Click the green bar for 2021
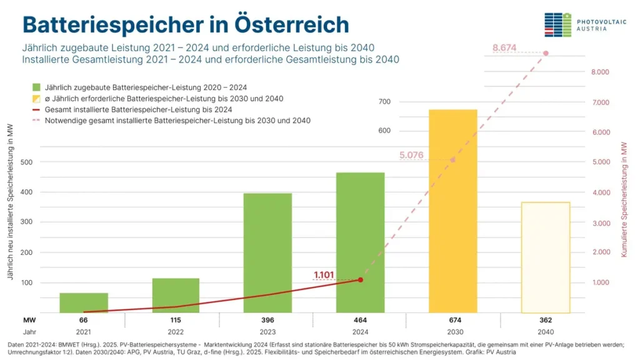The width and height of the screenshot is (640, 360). [x=84, y=302]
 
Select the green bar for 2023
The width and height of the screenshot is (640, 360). [x=267, y=252]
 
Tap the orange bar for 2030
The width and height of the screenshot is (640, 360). [x=452, y=211]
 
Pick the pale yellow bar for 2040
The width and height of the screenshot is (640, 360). [x=545, y=257]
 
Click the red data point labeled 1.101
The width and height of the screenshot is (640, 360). [x=360, y=279]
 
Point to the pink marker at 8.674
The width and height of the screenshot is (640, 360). [x=546, y=53]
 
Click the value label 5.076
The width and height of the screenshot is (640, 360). [x=411, y=155]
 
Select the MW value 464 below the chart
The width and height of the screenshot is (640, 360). [x=360, y=320]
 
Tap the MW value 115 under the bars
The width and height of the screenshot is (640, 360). [x=176, y=320]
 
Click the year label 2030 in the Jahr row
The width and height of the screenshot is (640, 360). [x=452, y=332]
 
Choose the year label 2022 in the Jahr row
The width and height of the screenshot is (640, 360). [x=176, y=332]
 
